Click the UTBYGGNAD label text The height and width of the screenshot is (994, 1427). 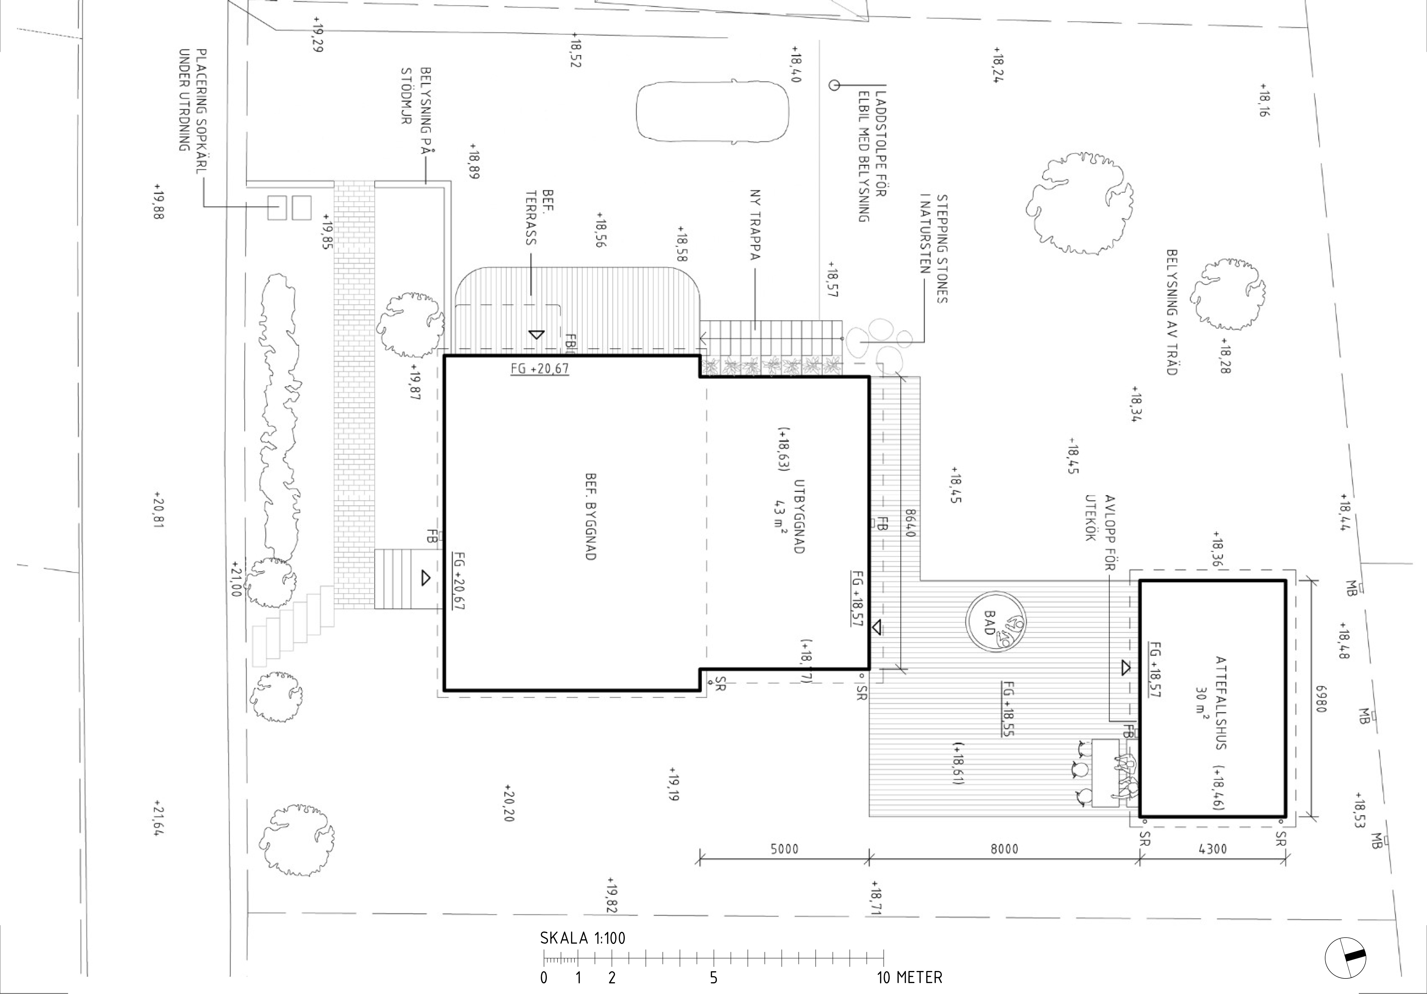799,517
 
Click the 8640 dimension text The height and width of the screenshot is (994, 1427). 911,523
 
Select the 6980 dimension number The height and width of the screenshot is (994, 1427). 1321,699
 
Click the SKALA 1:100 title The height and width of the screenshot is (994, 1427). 582,938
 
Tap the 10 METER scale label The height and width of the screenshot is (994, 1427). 909,978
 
